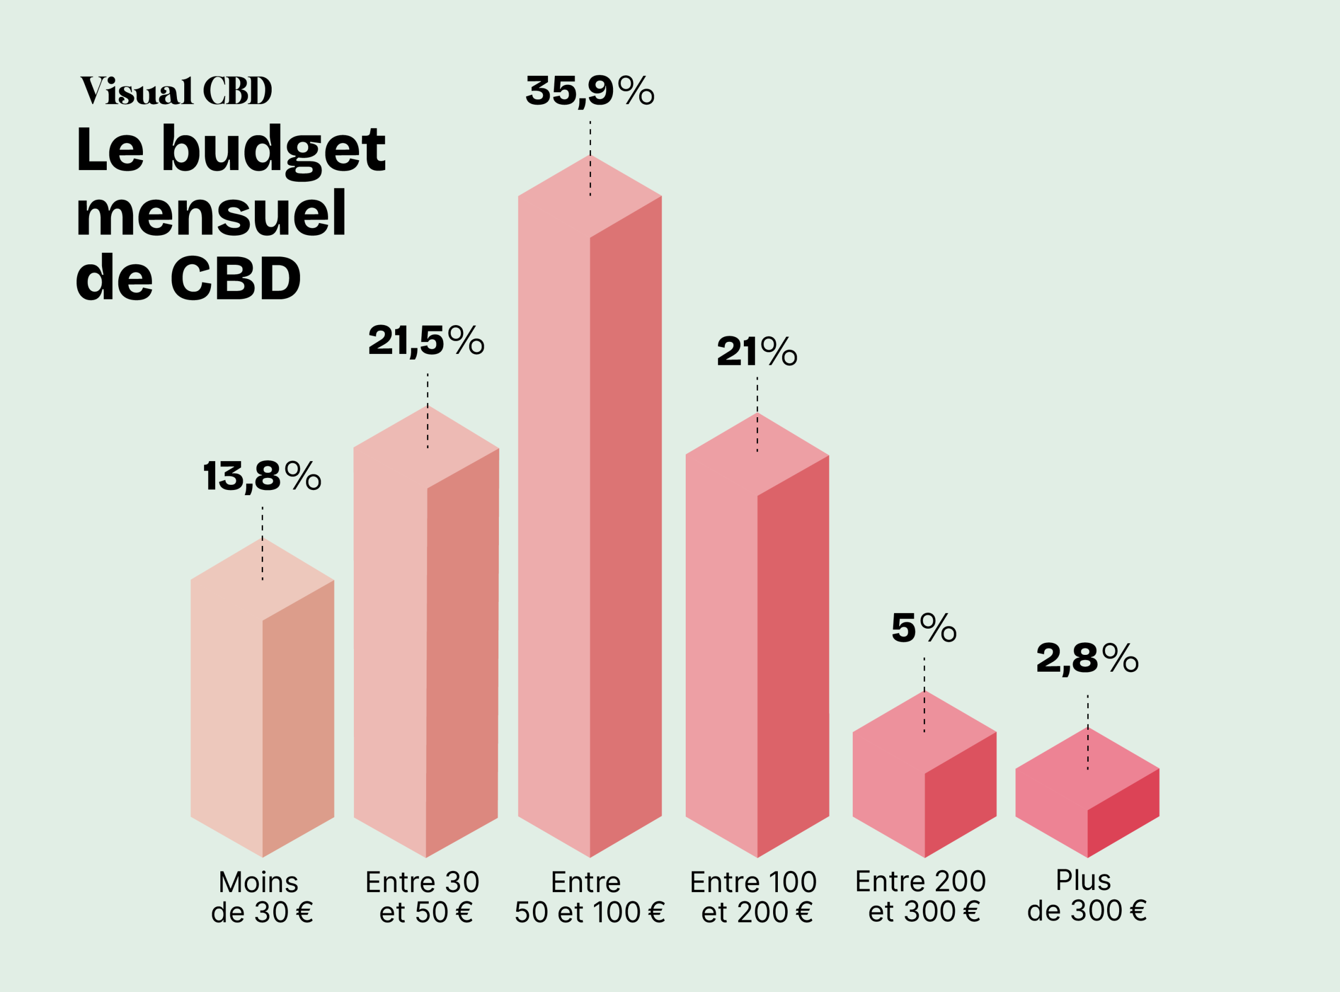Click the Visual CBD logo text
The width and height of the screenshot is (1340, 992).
176,91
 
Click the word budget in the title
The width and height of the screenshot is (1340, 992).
273,150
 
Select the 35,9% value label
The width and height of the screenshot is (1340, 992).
589,91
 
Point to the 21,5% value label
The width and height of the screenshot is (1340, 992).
426,341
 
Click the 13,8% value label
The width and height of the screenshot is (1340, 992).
262,477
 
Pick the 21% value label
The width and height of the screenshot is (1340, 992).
756,352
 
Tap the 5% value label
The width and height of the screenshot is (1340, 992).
923,628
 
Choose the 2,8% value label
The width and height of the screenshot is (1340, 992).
1087,658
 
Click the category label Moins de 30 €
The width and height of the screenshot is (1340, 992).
262,897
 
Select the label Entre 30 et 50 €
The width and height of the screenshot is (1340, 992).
424,897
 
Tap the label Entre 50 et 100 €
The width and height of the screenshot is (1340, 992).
589,897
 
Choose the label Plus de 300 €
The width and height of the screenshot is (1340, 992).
1086,895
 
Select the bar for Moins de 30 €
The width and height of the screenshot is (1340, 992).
262,709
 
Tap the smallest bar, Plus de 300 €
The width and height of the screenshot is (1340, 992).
1087,799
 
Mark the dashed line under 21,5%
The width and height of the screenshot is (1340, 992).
428,411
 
